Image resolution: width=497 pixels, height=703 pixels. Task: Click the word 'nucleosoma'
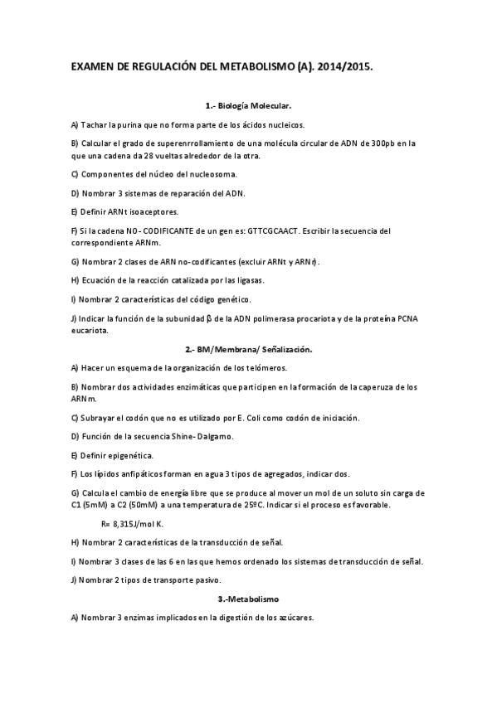(x=212, y=174)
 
